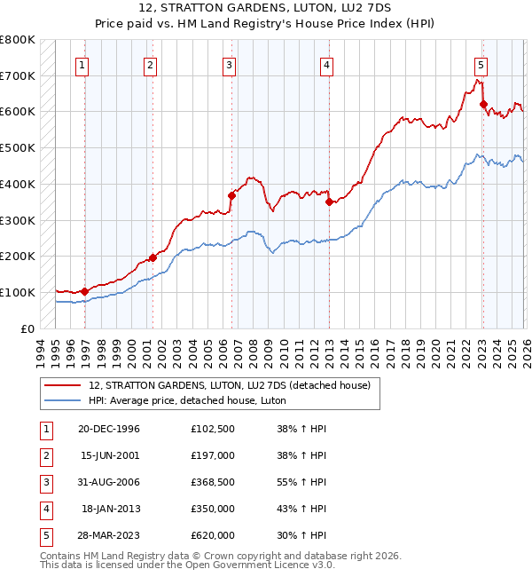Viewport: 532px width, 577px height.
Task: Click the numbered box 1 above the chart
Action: point(82,64)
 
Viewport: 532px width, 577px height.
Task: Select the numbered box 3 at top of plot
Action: point(229,64)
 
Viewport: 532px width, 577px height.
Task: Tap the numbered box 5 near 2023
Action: point(480,64)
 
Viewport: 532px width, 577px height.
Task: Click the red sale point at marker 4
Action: point(329,202)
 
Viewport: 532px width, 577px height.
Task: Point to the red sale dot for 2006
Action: point(231,195)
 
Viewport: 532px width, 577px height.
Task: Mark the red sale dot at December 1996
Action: point(85,291)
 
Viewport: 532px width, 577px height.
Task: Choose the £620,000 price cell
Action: point(213,535)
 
